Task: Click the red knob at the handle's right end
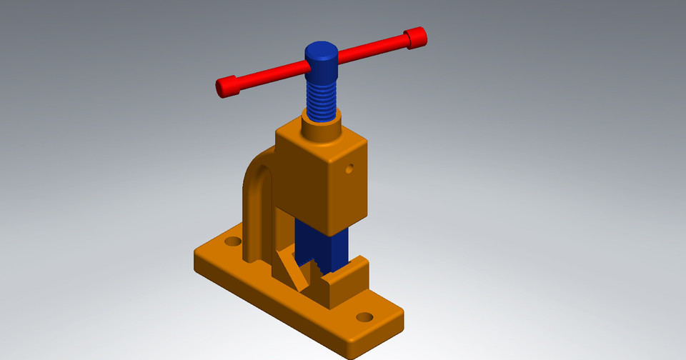[415, 37]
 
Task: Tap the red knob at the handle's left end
[226, 87]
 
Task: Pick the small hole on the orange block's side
[349, 169]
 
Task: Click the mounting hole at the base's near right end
[365, 316]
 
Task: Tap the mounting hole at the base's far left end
[232, 241]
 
